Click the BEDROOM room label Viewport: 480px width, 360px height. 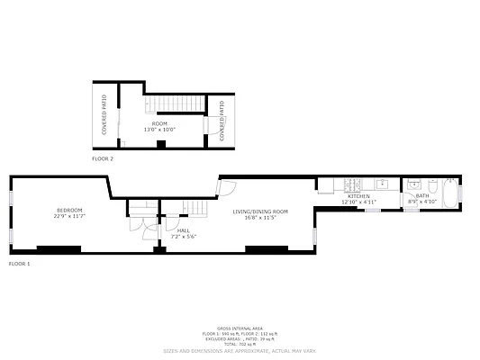click(69, 210)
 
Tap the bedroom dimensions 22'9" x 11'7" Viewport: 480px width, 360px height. click(69, 216)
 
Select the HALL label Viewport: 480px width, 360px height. click(183, 229)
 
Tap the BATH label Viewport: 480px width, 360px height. click(422, 196)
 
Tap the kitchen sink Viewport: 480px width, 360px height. click(382, 184)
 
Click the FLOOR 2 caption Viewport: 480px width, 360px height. click(103, 158)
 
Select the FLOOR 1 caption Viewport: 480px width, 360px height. click(19, 264)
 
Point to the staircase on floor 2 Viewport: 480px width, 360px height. click(167, 102)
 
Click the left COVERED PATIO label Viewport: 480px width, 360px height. click(104, 114)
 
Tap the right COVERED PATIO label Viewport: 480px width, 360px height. click(222, 121)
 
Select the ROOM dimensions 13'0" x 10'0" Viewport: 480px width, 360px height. click(159, 130)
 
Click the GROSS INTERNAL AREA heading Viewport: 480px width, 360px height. click(240, 328)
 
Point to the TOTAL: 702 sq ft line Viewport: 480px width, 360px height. click(240, 345)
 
